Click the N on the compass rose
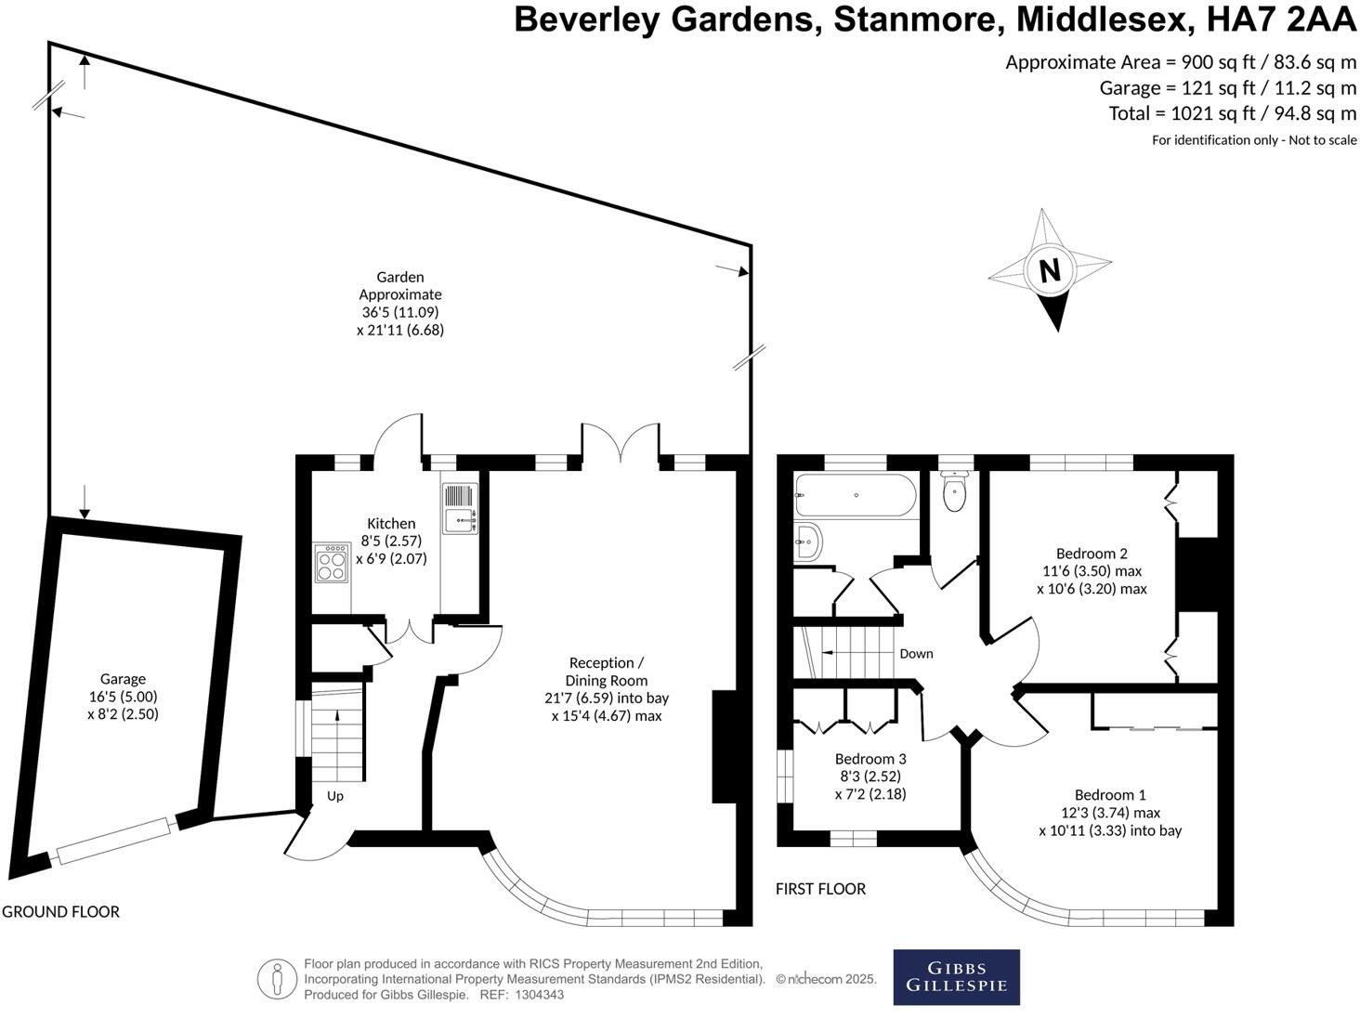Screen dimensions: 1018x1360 [x=1050, y=271]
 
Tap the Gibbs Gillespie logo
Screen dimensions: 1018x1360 [x=956, y=977]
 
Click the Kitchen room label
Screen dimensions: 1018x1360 [x=391, y=524]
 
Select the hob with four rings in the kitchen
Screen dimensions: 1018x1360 [x=331, y=564]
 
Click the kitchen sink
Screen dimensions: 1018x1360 [x=459, y=520]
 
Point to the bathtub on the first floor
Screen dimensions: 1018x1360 [x=855, y=495]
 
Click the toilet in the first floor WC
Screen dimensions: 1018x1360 [x=954, y=492]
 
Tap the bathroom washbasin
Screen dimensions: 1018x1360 [x=807, y=541]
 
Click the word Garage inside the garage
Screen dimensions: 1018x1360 [x=123, y=679]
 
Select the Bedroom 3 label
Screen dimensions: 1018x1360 [x=870, y=759]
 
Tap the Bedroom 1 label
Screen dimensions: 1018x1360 [x=1110, y=795]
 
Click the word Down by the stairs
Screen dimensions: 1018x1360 [x=916, y=654]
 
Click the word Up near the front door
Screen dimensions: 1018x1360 [x=335, y=796]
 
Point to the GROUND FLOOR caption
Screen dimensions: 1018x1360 [x=61, y=912]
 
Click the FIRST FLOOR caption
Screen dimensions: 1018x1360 [x=820, y=889]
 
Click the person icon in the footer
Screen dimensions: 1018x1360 [x=277, y=979]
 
